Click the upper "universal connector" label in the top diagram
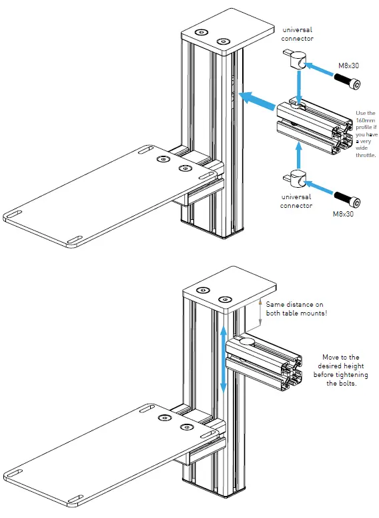(298, 34)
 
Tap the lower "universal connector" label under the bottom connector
(296, 201)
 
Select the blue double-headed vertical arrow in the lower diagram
(223, 358)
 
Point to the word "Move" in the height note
(332, 358)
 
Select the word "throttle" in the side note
(367, 155)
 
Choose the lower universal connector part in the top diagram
(298, 178)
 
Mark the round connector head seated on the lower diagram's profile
(246, 342)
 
